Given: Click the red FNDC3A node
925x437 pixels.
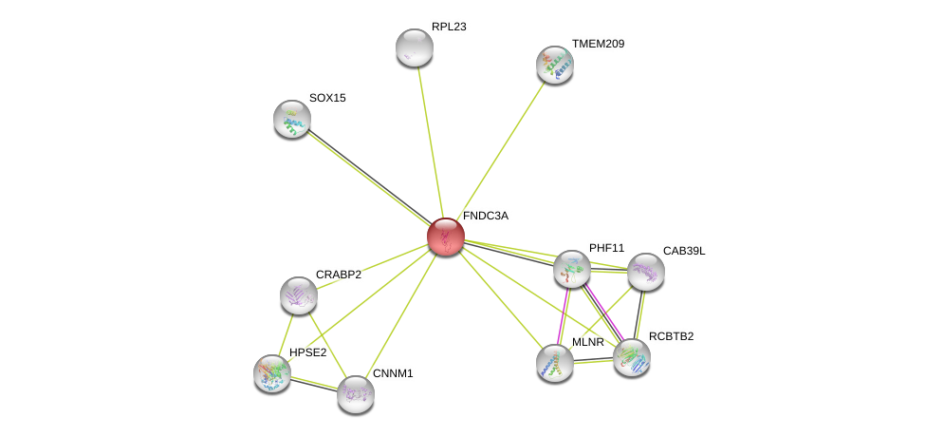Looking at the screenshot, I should [x=445, y=237].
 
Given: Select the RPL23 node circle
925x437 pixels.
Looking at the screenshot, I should [x=415, y=47].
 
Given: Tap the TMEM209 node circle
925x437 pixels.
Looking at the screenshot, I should [x=555, y=65].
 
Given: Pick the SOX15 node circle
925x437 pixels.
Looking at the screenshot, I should [x=292, y=119].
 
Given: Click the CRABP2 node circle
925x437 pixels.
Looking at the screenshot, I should [x=299, y=295].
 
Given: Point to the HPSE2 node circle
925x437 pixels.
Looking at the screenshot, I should [x=272, y=373].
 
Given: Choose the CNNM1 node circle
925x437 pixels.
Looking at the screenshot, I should [x=356, y=394].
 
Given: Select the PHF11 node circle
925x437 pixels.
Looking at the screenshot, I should [x=572, y=269].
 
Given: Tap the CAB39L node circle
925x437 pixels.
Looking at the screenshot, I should [x=646, y=272].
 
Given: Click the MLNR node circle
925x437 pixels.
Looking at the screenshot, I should [x=555, y=362].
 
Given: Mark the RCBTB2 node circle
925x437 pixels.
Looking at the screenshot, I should [x=632, y=357].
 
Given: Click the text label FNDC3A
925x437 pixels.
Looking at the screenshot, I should [x=485, y=216].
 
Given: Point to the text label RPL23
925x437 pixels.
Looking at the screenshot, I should [x=449, y=27].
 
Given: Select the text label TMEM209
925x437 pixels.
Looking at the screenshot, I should [x=598, y=44].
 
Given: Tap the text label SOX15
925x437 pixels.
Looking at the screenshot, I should [x=327, y=98].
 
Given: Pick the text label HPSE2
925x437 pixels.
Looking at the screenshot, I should [x=307, y=352].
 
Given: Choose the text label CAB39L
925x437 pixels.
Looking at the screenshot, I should [x=684, y=251].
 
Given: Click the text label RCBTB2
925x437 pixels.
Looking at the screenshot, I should [x=671, y=336].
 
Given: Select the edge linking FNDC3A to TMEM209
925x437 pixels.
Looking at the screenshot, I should [x=502, y=147].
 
